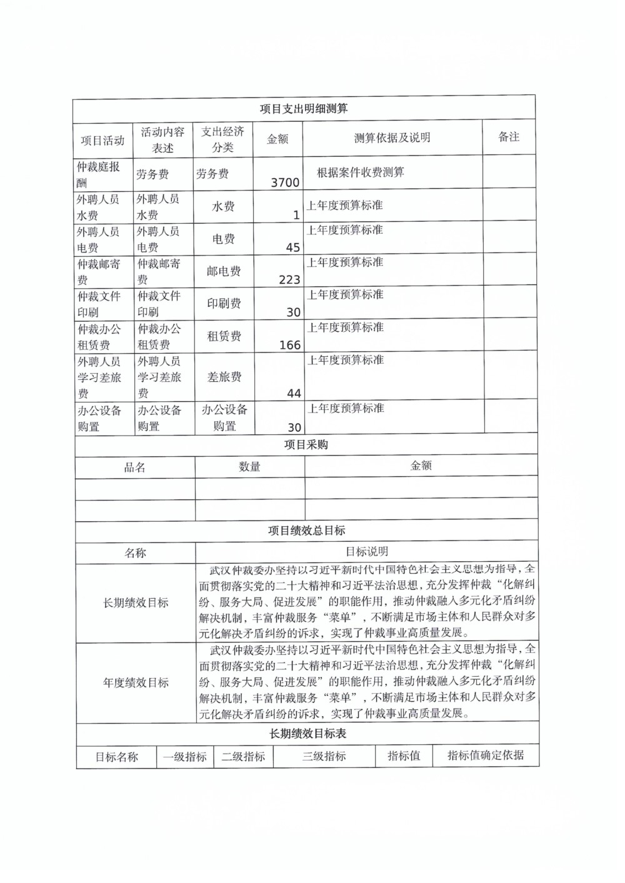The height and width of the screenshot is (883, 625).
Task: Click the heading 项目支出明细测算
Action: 304,109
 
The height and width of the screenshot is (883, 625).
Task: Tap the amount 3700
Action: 285,182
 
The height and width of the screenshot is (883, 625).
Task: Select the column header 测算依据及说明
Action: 392,138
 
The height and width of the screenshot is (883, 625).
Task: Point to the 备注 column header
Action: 509,137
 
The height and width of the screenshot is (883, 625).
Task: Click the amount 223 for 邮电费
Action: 289,280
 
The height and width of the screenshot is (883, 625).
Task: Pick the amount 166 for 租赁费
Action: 290,345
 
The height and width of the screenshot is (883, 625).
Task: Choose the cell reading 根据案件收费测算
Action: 360,172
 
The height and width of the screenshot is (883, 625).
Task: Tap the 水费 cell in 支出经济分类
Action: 223,206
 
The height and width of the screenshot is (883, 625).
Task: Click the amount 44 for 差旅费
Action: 294,393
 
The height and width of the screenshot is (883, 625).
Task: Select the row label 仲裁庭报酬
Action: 98,174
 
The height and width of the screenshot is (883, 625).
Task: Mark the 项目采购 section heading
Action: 306,445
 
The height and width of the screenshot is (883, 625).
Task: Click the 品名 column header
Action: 135,467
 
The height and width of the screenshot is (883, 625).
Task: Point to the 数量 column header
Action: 249,467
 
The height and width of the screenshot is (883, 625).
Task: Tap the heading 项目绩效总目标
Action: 306,531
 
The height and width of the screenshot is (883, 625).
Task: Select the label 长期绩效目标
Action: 136,603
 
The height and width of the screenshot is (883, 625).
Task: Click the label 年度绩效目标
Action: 136,683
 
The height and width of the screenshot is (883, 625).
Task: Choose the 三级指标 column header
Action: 324,756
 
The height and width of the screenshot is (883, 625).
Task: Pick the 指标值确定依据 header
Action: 486,755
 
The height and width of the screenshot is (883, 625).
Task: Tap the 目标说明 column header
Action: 367,552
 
